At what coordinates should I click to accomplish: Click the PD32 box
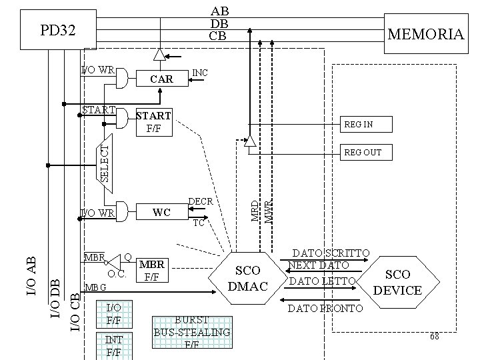(58, 31)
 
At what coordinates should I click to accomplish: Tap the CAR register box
(161, 79)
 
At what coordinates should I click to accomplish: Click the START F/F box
(153, 121)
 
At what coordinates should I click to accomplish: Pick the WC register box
(161, 213)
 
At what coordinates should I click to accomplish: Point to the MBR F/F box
(152, 270)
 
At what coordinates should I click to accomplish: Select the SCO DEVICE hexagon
(398, 283)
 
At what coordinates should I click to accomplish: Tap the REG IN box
(365, 125)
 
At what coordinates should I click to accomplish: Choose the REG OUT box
(365, 153)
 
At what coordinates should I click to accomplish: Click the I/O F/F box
(114, 315)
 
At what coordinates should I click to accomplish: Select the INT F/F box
(114, 345)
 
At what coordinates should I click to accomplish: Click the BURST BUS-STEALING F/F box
(191, 332)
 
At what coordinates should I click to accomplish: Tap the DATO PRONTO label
(325, 308)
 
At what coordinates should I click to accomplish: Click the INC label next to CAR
(199, 72)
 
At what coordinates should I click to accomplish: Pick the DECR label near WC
(201, 201)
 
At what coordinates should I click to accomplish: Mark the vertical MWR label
(268, 211)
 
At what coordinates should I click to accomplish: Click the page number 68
(434, 337)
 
